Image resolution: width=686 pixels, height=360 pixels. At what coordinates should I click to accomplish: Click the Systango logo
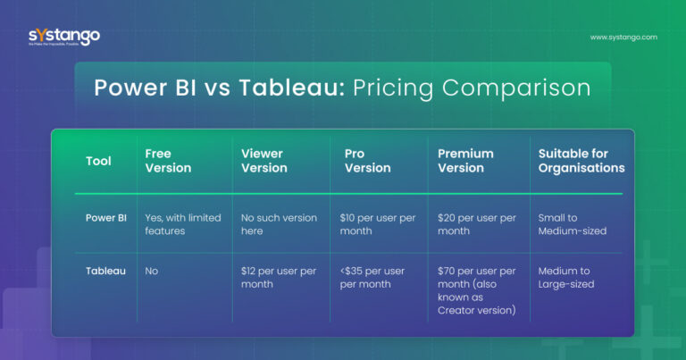click(x=63, y=38)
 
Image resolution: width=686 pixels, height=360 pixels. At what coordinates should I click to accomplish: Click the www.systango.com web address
click(x=623, y=38)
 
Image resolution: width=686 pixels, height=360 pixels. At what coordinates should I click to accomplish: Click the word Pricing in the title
click(x=401, y=88)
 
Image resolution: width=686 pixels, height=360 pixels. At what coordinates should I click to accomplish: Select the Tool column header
click(x=98, y=161)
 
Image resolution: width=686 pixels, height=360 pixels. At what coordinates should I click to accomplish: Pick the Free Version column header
click(x=168, y=161)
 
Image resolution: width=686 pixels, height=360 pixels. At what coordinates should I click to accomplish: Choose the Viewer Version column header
click(x=264, y=161)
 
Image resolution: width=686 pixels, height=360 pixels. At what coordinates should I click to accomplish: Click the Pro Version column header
click(x=367, y=161)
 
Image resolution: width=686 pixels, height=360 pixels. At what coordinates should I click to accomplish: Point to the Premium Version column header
click(x=465, y=161)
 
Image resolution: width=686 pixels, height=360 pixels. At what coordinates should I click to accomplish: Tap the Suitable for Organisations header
click(x=581, y=161)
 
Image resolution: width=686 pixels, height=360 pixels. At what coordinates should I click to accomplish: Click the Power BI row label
click(x=105, y=217)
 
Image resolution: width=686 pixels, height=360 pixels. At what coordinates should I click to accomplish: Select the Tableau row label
click(x=105, y=270)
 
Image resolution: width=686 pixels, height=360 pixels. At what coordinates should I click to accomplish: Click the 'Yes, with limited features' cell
click(x=182, y=223)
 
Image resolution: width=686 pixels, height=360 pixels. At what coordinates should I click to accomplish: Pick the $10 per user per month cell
click(x=377, y=223)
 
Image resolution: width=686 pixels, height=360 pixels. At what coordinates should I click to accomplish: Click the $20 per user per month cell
click(x=476, y=223)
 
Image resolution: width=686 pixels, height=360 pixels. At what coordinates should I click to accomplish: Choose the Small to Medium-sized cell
click(x=573, y=223)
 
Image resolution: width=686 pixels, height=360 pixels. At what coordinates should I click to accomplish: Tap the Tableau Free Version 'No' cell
click(x=153, y=270)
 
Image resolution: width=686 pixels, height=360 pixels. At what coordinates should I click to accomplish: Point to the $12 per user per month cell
click(x=279, y=277)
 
